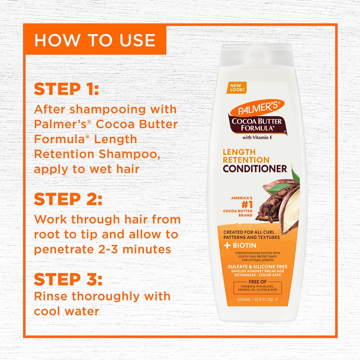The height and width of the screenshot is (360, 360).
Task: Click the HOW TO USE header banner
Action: (x=95, y=40)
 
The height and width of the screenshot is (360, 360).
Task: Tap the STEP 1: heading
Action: (x=66, y=89)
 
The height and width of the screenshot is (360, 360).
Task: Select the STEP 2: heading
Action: (x=68, y=199)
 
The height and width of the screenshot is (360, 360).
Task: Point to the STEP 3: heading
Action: (x=68, y=279)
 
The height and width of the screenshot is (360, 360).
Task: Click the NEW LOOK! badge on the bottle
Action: (x=238, y=87)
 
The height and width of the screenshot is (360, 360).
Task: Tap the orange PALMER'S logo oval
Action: (x=256, y=108)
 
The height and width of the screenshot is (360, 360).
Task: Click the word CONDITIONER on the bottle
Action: (x=255, y=169)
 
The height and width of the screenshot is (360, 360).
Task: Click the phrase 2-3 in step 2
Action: (x=121, y=249)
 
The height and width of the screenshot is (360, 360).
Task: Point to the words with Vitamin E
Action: (x=255, y=138)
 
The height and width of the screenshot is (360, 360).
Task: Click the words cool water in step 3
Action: (x=67, y=311)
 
